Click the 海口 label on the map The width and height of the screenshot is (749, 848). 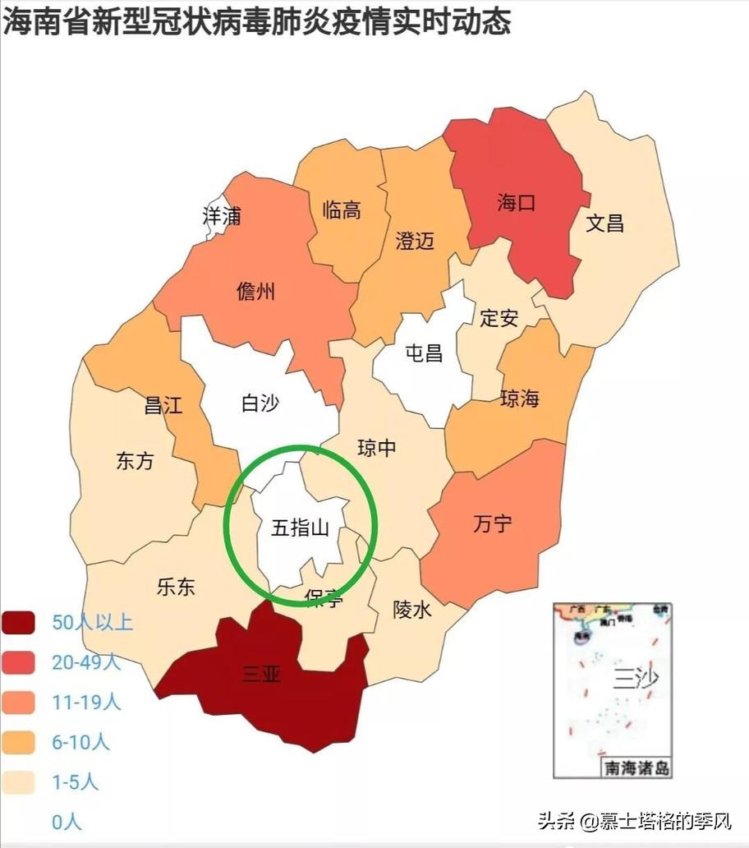(516, 203)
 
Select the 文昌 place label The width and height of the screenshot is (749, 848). (604, 223)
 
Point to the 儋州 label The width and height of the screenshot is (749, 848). (255, 291)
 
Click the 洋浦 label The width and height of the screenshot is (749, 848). (222, 216)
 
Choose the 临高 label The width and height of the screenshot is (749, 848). (341, 210)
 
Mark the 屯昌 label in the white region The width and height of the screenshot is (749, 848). (424, 353)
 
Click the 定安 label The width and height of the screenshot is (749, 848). (499, 317)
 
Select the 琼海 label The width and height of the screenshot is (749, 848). (520, 399)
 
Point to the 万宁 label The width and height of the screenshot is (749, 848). (493, 523)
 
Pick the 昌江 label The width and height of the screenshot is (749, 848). (163, 405)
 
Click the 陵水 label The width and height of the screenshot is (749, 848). (412, 610)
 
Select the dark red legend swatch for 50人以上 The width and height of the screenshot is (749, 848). (19, 623)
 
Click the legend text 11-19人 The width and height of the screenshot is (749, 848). (86, 702)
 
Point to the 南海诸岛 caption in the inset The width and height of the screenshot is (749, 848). (637, 769)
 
